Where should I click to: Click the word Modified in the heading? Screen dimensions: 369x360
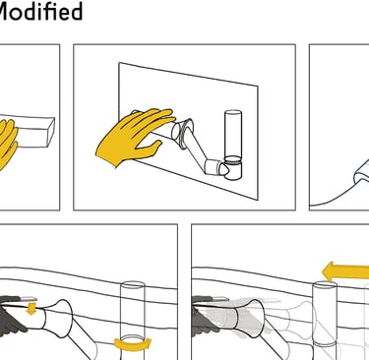pos(40,11)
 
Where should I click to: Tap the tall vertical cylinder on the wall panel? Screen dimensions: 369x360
pos(233,145)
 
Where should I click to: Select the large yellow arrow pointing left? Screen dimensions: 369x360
pos(345,272)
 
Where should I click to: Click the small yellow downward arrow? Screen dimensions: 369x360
pos(31,309)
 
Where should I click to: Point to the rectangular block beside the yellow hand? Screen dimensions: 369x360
pos(34,132)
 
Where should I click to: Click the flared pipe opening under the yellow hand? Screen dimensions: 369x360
pos(182,132)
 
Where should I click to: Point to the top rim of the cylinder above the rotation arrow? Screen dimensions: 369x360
pos(133,284)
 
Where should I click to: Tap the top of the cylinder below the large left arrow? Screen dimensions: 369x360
pos(325,285)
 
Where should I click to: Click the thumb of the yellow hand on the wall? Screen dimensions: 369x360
pos(150,148)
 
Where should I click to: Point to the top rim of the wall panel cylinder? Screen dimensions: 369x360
pos(233,112)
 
